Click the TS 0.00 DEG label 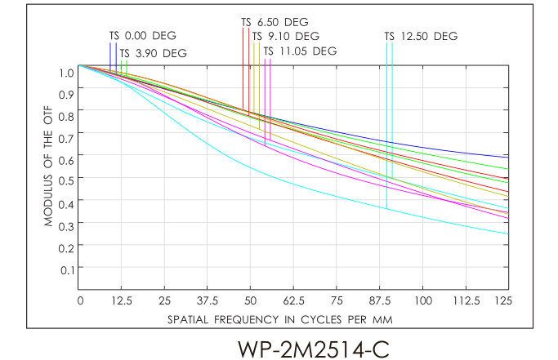(143, 36)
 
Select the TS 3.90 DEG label (154, 54)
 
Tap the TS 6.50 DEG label (275, 22)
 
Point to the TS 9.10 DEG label (285, 37)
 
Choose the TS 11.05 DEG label (300, 51)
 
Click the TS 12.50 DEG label (421, 36)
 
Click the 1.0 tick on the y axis (66, 72)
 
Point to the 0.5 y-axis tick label (66, 180)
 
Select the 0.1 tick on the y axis (66, 268)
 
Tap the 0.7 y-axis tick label (66, 136)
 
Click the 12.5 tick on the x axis (123, 301)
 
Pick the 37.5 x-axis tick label (208, 301)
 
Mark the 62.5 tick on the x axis (294, 301)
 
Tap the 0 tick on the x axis (79, 301)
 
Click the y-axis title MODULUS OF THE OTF (49, 169)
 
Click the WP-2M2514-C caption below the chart (313, 348)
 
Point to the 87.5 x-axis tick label (381, 301)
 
